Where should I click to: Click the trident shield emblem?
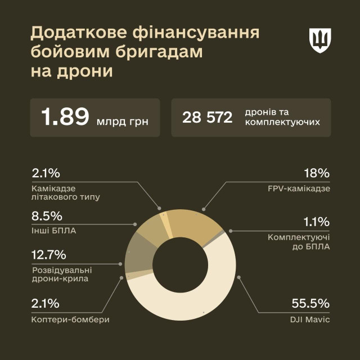[x=320, y=40]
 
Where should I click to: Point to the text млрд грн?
[x=122, y=120]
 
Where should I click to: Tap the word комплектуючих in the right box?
[x=282, y=121]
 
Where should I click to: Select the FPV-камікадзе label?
[x=300, y=188]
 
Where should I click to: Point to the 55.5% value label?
[x=310, y=304]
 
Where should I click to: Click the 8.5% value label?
[x=47, y=216]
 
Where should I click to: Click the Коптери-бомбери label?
[x=71, y=319]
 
